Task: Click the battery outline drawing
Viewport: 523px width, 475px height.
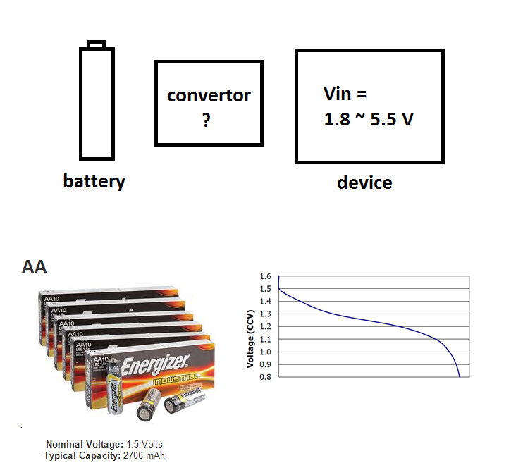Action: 97,103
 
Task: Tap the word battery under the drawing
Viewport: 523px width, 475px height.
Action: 94,181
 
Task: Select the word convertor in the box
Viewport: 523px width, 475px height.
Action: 209,95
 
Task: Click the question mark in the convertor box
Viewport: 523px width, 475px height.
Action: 206,121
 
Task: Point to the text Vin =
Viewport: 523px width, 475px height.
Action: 345,94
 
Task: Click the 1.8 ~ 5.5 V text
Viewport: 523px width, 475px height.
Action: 368,119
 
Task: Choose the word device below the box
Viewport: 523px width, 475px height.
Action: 364,183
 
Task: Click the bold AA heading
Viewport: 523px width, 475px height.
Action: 35,267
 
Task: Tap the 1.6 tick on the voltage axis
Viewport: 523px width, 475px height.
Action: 264,276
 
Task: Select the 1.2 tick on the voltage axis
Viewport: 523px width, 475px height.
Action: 264,326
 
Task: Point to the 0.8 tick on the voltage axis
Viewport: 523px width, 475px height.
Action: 264,377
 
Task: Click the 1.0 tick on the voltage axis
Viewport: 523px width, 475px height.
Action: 264,352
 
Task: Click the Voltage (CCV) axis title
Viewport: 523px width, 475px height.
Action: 250,338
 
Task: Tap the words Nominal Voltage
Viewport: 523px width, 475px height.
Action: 84,445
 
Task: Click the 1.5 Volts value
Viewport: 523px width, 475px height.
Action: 144,445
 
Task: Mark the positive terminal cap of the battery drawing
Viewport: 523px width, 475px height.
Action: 97,44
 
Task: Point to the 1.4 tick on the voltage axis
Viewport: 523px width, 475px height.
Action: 264,302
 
